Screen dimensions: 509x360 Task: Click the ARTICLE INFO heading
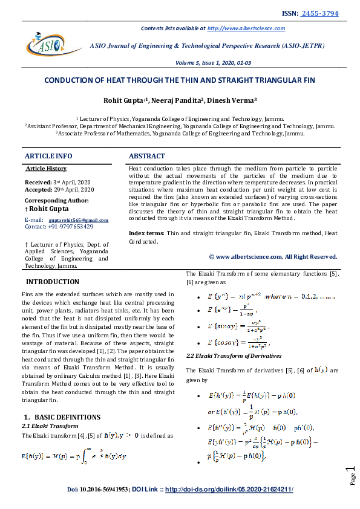[x=48, y=156]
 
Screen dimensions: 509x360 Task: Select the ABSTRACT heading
[x=147, y=156]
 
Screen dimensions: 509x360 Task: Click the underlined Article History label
[x=47, y=169]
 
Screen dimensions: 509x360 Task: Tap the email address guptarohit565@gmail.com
[x=78, y=221]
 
